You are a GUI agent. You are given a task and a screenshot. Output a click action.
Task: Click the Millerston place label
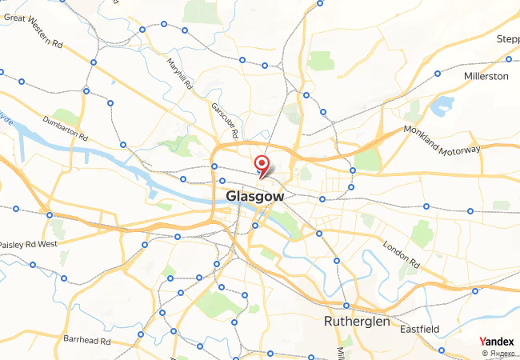(486, 76)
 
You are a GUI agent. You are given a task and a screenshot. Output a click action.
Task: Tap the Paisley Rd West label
(28, 243)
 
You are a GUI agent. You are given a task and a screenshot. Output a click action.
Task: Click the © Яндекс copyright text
(497, 353)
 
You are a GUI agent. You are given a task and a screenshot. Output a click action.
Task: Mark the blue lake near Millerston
(441, 105)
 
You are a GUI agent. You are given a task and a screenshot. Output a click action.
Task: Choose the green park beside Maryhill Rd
(195, 11)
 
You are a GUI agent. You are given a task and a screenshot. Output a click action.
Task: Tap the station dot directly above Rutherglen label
(346, 305)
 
